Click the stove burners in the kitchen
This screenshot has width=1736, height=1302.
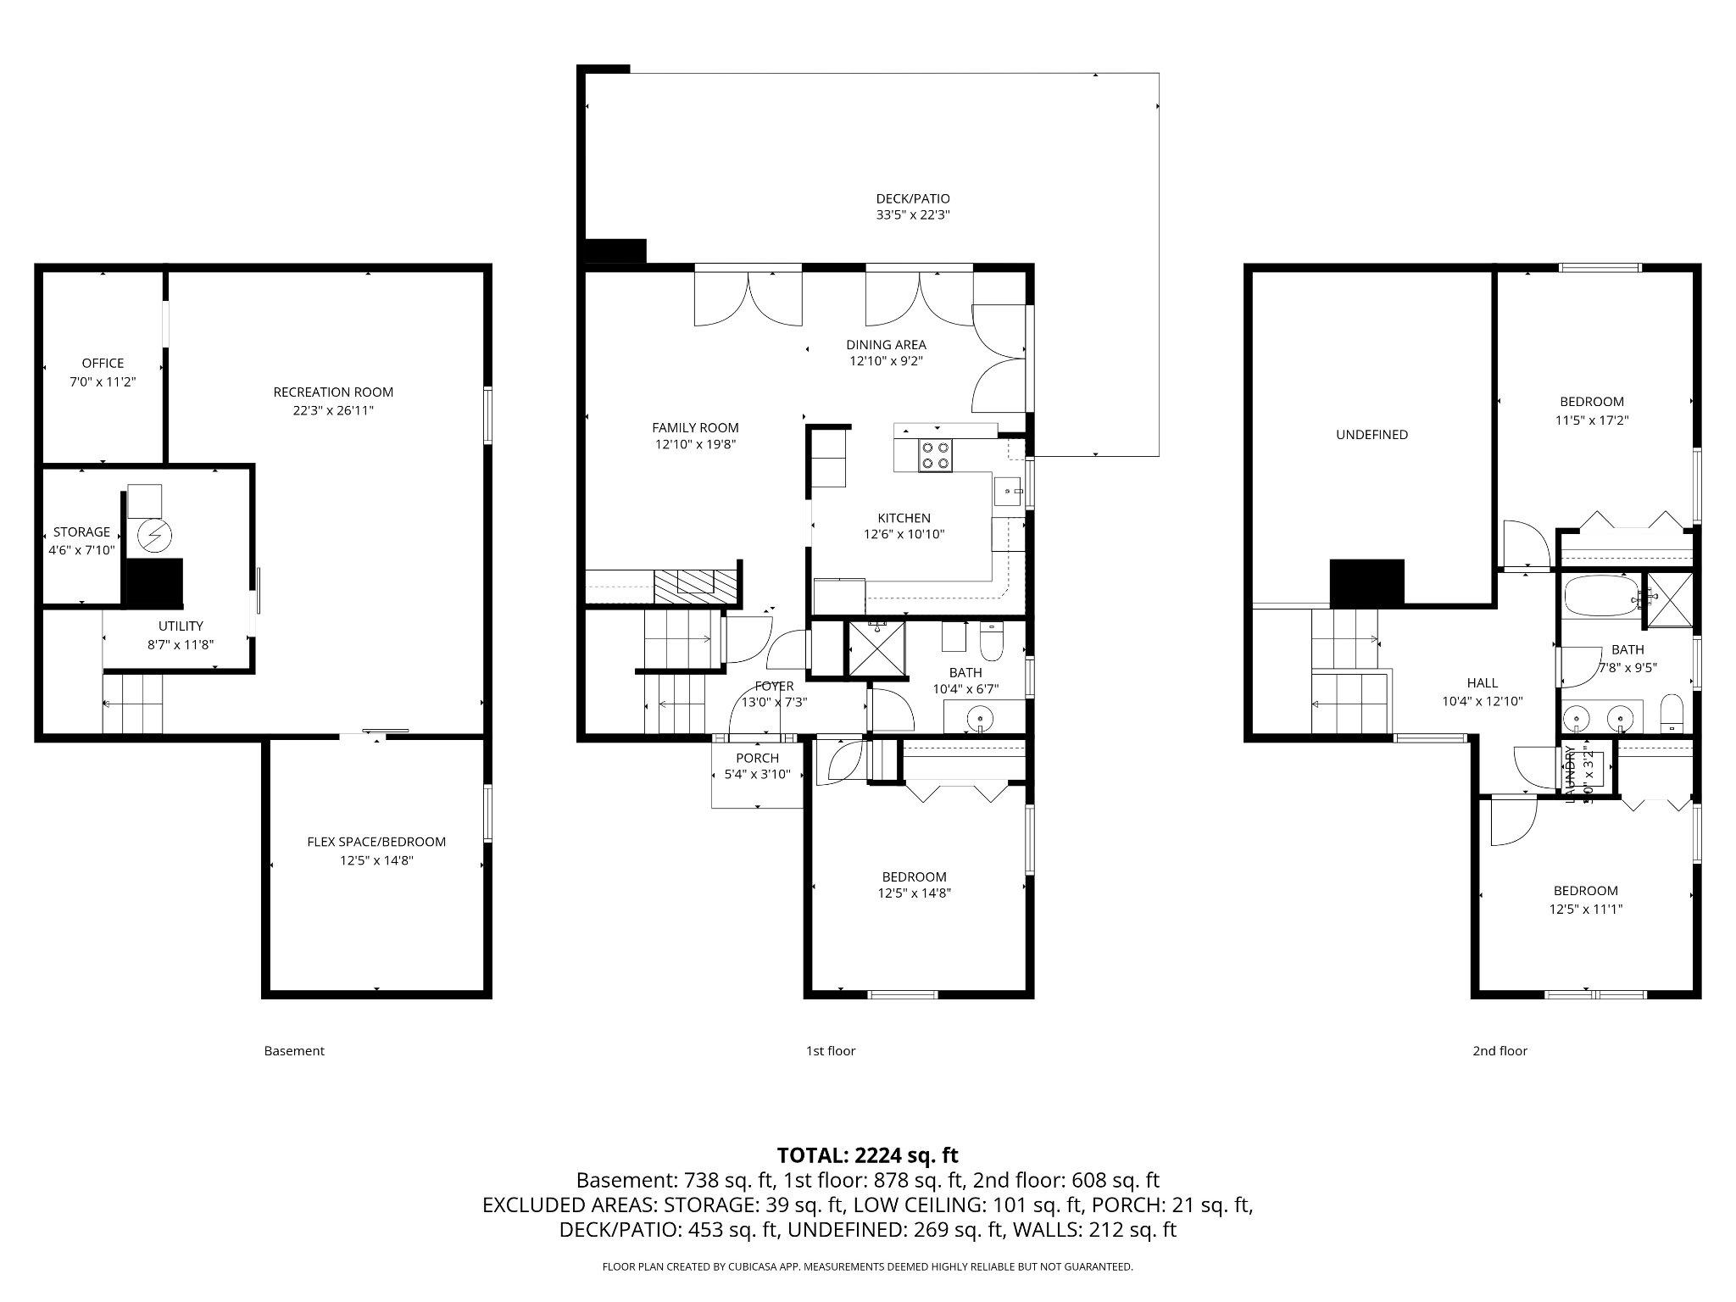[936, 455]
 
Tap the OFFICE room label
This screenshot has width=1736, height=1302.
[103, 363]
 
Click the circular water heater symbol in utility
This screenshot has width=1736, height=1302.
[155, 535]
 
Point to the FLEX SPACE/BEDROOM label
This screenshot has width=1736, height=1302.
[376, 842]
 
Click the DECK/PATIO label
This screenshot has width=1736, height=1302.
[912, 198]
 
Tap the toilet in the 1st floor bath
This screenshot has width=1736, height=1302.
[991, 642]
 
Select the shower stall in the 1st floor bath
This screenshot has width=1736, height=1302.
[876, 648]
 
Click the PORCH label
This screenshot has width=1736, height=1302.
[757, 758]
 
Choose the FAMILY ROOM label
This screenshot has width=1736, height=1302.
[695, 428]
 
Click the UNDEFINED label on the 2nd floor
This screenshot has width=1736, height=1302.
[1372, 435]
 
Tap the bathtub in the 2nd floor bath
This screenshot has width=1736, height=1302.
[1599, 596]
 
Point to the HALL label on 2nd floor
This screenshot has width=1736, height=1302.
[1482, 683]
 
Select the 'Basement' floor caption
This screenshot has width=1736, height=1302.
[294, 1051]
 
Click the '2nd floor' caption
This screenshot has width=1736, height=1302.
[1500, 1051]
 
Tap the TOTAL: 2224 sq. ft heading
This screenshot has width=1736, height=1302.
[867, 1155]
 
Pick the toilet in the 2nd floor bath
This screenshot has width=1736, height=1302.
[1671, 712]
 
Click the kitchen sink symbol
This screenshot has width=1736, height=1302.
[1008, 491]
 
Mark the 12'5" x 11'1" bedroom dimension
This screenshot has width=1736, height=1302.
[1585, 909]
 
